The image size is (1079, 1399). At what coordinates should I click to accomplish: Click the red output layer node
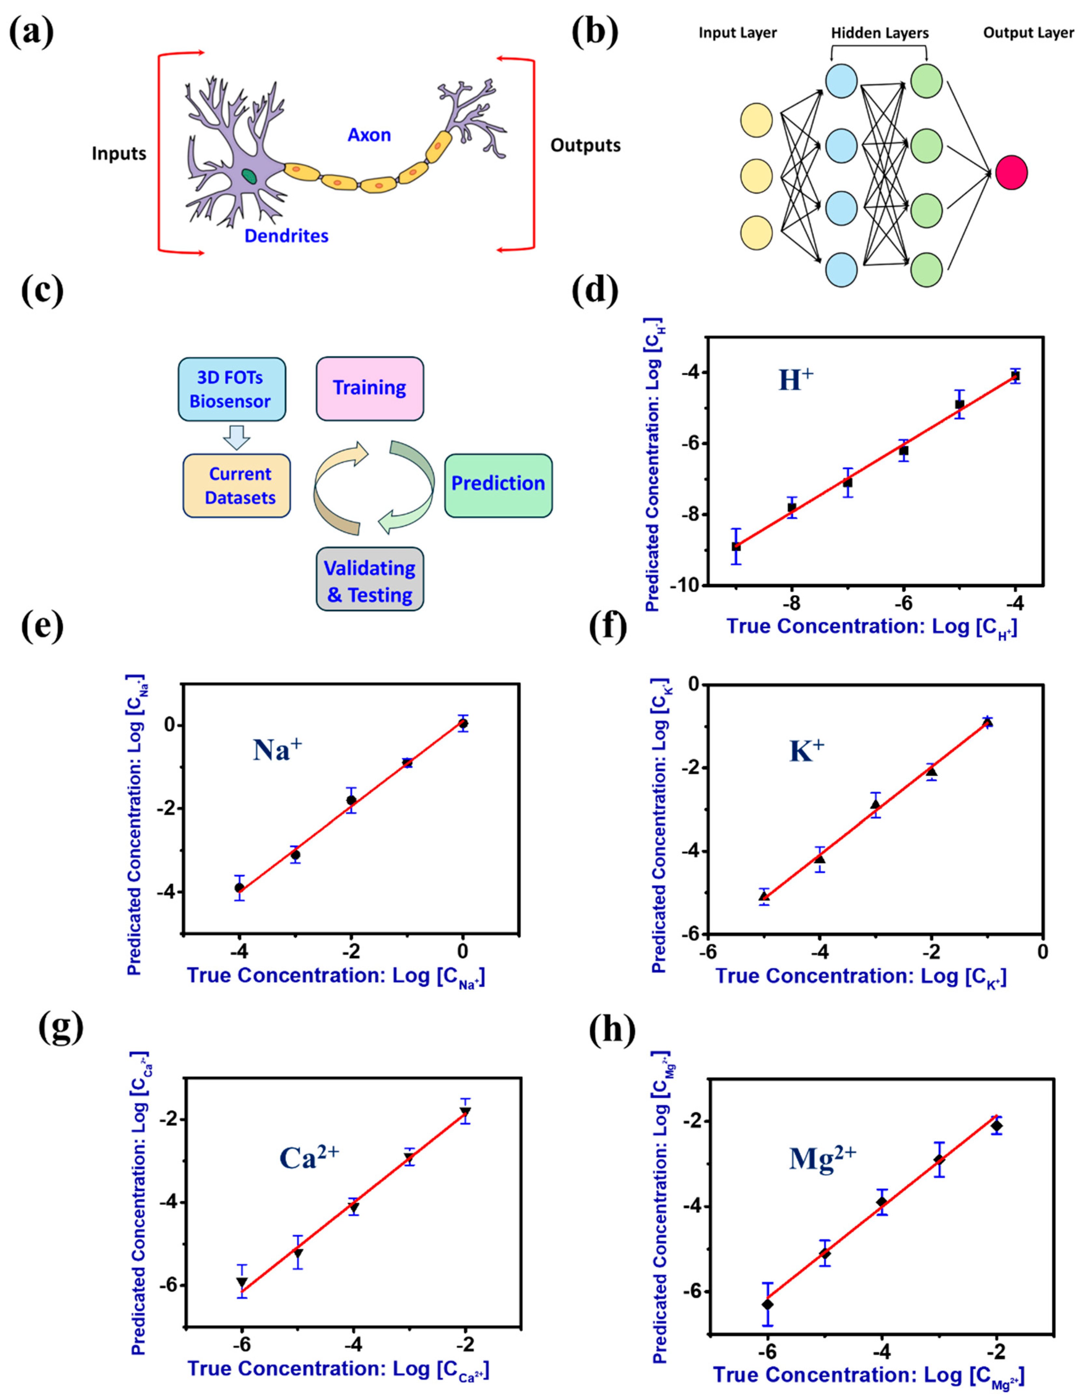1011,172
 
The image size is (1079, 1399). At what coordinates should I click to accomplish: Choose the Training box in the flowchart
370,388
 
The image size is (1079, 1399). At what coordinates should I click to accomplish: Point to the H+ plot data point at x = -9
736,546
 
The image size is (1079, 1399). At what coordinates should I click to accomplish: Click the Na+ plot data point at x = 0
463,723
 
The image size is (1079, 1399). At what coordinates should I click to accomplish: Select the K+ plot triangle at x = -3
875,804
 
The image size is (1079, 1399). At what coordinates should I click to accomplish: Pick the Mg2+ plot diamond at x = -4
882,1202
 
